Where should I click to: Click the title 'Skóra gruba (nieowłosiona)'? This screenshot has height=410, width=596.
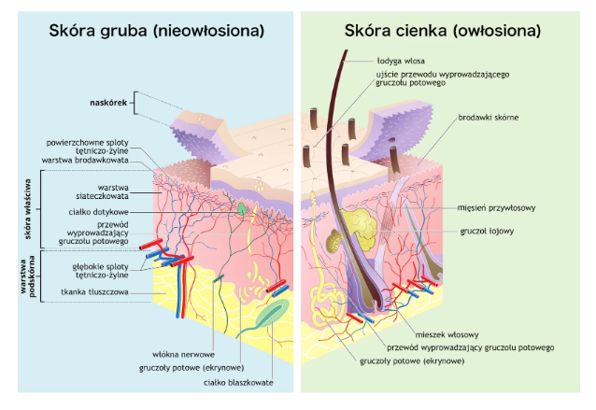156,31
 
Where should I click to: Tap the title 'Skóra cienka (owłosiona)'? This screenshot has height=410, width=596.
443,31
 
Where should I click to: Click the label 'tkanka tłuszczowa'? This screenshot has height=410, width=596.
93,292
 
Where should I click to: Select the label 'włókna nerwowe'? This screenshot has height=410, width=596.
187,354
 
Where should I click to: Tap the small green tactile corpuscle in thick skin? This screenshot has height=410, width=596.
242,210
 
